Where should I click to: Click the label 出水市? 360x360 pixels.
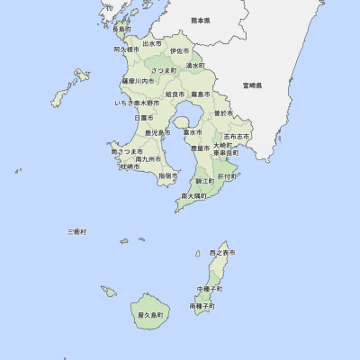[x=152, y=43]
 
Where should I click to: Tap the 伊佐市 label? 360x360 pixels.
[x=180, y=51]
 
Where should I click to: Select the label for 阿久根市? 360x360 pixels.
[x=126, y=50]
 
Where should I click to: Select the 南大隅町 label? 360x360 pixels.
[x=194, y=195]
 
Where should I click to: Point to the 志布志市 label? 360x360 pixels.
[x=237, y=136]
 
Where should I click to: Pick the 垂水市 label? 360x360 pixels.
[x=191, y=132]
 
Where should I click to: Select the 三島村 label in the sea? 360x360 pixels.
[x=77, y=232]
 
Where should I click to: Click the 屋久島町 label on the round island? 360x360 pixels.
[x=151, y=316]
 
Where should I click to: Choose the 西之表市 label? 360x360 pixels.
[x=220, y=254]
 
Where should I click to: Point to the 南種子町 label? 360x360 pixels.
[x=202, y=306]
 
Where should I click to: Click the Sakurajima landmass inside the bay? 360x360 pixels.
[x=184, y=120]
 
